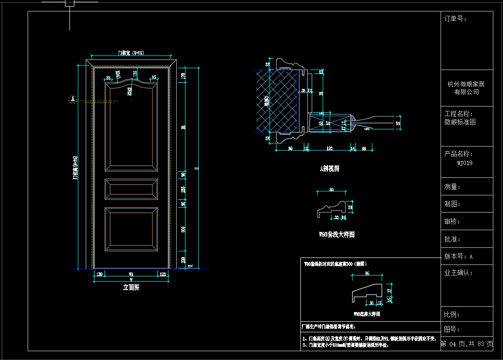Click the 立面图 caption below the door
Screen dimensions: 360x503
pos(131,287)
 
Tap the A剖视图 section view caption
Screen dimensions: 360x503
pos(330,168)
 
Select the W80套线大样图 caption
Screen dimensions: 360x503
pos(336,235)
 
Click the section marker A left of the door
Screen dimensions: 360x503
pos(73,99)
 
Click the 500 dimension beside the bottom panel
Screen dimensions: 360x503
pos(183,230)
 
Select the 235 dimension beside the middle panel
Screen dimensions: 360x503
pos(183,190)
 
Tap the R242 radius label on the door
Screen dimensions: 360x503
pos(130,91)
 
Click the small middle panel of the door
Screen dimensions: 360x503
pos(131,189)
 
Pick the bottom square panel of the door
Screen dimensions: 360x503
pos(131,229)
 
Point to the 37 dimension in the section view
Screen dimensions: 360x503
pos(398,124)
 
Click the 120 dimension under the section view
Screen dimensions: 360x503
pos(329,149)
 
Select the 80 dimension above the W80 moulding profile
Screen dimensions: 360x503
pos(332,190)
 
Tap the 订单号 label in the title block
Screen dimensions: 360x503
pos(456,19)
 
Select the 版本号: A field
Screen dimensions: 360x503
pos(459,256)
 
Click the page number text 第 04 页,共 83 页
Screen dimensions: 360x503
pos(467,344)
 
